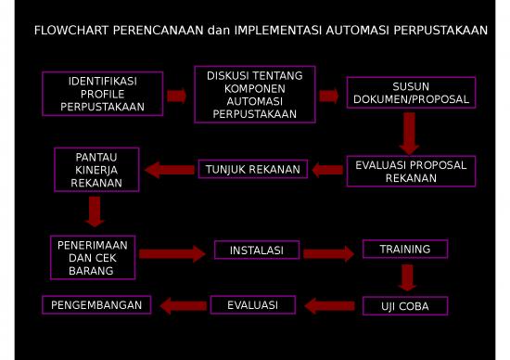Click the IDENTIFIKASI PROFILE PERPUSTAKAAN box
pos(103,95)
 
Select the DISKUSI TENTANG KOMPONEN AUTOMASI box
pos(254,95)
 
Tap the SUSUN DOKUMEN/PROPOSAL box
pos(411,93)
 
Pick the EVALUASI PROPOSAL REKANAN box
pos(411,171)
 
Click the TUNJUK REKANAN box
pos(253,169)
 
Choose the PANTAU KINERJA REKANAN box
pos(96,169)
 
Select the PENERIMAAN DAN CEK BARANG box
pos(92,257)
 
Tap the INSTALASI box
pos(257,251)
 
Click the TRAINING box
pos(404,249)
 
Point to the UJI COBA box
pos(403,306)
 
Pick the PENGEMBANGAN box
pos(96,304)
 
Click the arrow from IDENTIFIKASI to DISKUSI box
pos(177,96)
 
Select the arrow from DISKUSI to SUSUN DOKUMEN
pos(328,95)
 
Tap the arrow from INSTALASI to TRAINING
pos(329,252)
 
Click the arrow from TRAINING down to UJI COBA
pos(406,276)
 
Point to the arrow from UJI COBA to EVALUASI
pos(330,305)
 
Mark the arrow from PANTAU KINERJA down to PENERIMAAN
pos(94,212)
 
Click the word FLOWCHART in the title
pos(72,31)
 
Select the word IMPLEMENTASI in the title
pos(276,31)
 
